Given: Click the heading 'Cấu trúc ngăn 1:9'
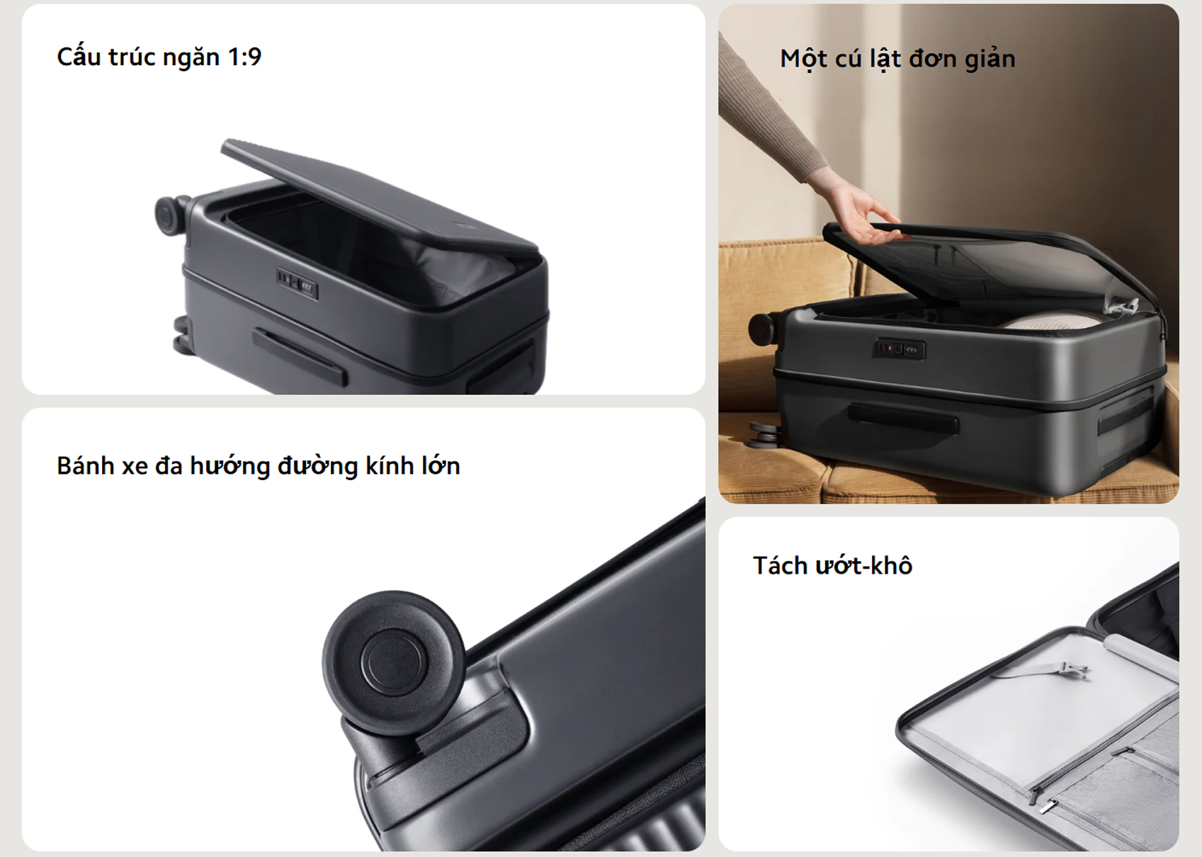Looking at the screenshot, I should point(159,57).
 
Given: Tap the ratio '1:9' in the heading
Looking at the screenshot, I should point(244,57).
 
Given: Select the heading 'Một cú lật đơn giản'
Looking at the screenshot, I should point(897,59).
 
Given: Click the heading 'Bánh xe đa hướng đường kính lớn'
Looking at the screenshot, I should point(258,466).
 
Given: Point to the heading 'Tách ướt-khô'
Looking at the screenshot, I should point(832,565).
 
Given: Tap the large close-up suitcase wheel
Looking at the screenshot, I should point(394,662).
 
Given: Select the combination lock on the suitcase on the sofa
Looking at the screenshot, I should point(898,348).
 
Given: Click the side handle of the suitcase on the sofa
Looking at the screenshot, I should point(903,418).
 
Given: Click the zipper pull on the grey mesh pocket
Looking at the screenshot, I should point(1044,804).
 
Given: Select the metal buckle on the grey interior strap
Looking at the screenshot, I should point(1074,669).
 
